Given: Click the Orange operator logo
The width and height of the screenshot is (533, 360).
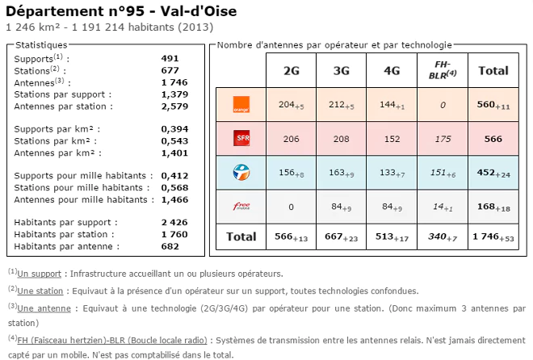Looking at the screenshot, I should click(x=240, y=104).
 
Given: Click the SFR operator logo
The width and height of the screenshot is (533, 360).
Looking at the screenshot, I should click(x=240, y=139).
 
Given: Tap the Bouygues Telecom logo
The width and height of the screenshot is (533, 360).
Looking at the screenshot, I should click(x=240, y=171).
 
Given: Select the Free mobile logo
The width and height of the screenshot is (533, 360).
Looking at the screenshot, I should click(x=240, y=207).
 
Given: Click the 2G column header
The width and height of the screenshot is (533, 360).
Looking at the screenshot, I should click(x=291, y=70).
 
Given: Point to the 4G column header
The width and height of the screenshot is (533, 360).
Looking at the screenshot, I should click(x=392, y=70).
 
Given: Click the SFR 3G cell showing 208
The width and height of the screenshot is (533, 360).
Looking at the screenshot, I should click(x=341, y=139).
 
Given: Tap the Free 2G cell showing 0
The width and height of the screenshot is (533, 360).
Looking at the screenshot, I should click(x=291, y=207).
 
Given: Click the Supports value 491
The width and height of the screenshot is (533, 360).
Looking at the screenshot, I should click(x=170, y=58).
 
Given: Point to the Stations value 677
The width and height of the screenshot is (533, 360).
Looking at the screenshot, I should click(x=170, y=70).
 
